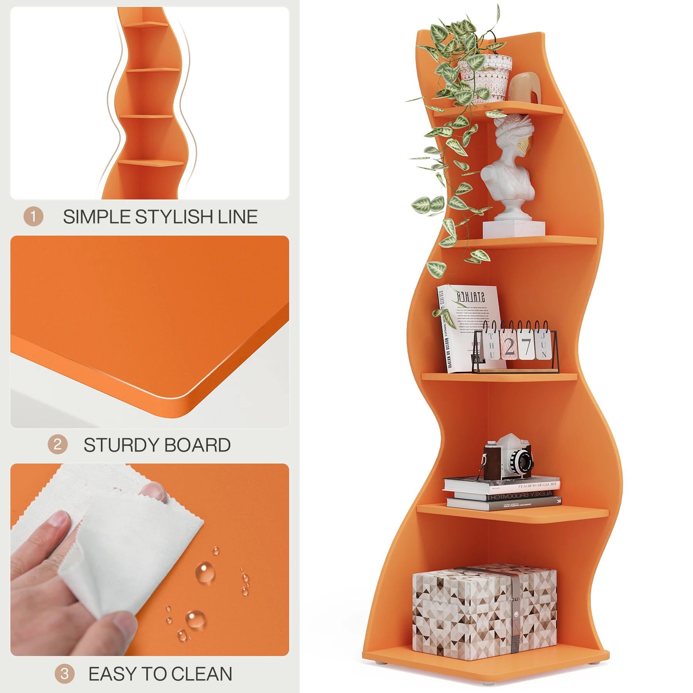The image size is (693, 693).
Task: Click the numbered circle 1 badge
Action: [x=33, y=216]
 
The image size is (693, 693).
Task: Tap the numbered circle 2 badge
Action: [x=57, y=445]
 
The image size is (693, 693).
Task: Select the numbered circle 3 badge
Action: [x=64, y=674]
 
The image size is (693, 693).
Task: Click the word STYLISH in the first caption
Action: [x=175, y=217]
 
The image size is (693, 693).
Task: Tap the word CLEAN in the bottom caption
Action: [x=202, y=674]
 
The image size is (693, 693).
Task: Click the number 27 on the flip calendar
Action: [x=517, y=346]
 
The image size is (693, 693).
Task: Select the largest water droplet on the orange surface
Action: [x=205, y=572]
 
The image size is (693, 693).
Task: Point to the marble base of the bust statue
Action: [x=514, y=229]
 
